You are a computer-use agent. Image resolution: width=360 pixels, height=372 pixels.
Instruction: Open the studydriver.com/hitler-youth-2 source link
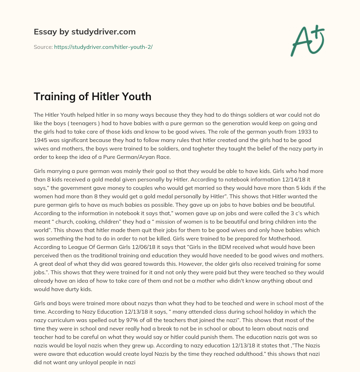point(103,47)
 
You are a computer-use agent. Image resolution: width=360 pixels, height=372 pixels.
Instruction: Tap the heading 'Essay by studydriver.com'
point(85,32)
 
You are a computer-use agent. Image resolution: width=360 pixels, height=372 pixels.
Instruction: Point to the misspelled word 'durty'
point(82,289)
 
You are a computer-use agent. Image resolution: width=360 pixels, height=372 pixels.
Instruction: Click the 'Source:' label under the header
point(43,47)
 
